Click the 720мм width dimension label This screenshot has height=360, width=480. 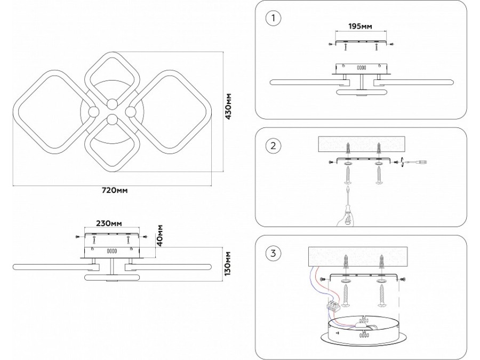pyautogui.click(x=116, y=190)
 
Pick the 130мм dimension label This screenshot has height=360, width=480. pyautogui.click(x=228, y=263)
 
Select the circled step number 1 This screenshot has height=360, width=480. pyautogui.click(x=273, y=18)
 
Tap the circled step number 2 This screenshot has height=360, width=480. pyautogui.click(x=273, y=145)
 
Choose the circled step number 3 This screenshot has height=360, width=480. pyautogui.click(x=273, y=253)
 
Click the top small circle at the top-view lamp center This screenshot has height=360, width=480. pyautogui.click(x=112, y=103)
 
